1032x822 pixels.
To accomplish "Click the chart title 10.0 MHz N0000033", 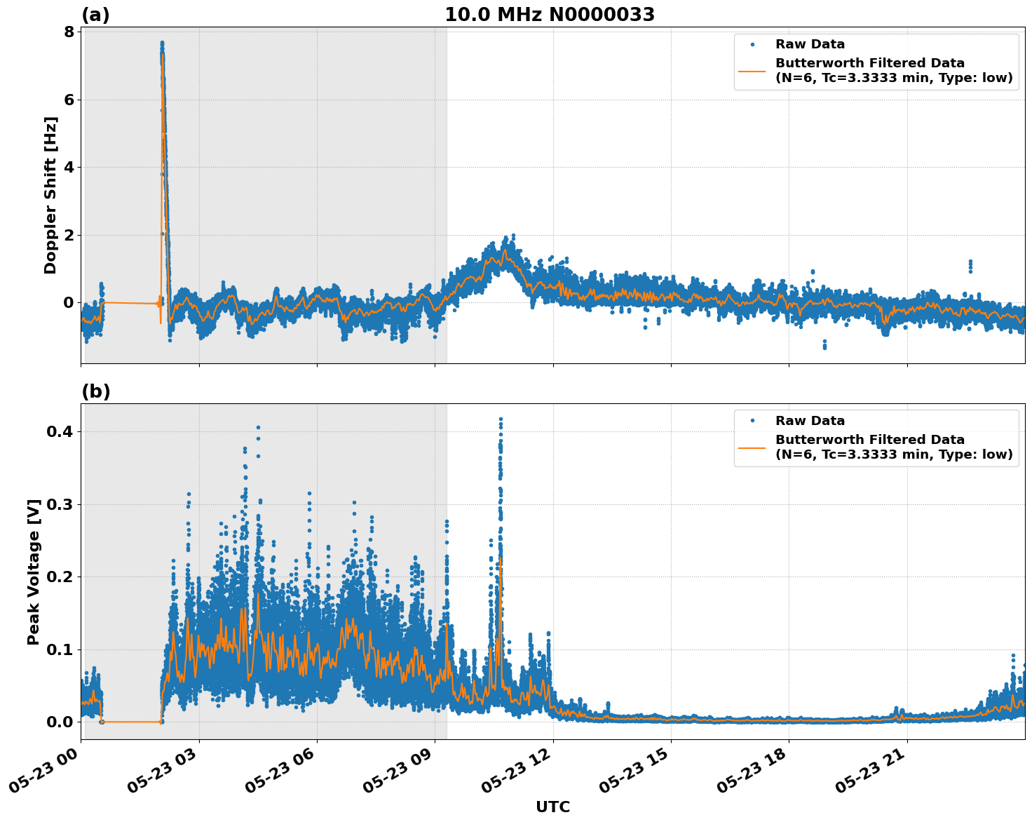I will pyautogui.click(x=550, y=15).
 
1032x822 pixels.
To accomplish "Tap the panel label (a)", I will pyautogui.click(x=95, y=15).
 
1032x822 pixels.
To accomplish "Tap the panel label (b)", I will pyautogui.click(x=95, y=391).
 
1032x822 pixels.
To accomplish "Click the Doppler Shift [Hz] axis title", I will pyautogui.click(x=50, y=195).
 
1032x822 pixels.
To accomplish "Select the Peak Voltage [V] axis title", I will pyautogui.click(x=34, y=572).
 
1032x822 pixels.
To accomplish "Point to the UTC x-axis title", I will pyautogui.click(x=552, y=807).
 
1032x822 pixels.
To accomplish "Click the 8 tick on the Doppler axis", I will pyautogui.click(x=69, y=32).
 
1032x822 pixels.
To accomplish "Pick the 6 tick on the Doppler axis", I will pyautogui.click(x=69, y=100).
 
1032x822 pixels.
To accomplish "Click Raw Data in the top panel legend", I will pyautogui.click(x=810, y=44).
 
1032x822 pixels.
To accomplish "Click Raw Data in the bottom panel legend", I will pyautogui.click(x=810, y=421).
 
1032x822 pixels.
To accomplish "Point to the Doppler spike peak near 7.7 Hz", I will pyautogui.click(x=162, y=43).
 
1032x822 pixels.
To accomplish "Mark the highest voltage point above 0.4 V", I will pyautogui.click(x=501, y=419).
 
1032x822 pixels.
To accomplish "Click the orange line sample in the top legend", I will pyautogui.click(x=752, y=71).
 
